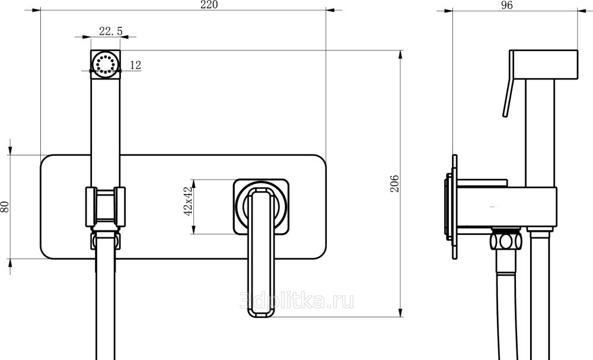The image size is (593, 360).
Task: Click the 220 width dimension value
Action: pyautogui.click(x=209, y=5)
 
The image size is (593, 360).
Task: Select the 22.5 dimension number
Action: pyautogui.click(x=111, y=31)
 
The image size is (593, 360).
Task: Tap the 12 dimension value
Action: pyautogui.click(x=135, y=65)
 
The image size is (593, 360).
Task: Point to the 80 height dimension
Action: pyautogui.click(x=5, y=206)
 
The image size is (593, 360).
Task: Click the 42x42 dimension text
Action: pyautogui.click(x=189, y=201)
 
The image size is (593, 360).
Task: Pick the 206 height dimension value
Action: pyautogui.click(x=394, y=184)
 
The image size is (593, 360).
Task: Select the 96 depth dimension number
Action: pyautogui.click(x=506, y=5)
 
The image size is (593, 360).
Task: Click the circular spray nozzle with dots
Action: pyautogui.click(x=105, y=63)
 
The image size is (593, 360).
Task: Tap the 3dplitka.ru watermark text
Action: pyautogui.click(x=297, y=301)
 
